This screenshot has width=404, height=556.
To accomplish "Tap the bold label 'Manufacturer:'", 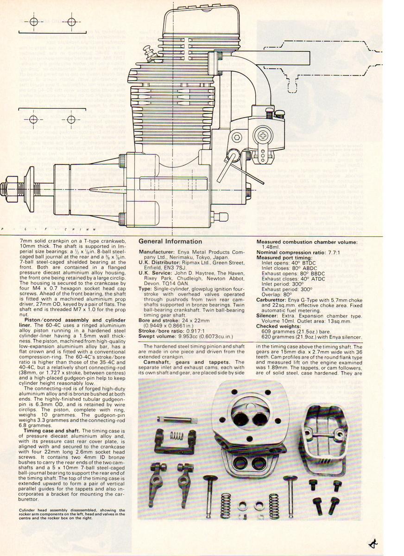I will [158, 251].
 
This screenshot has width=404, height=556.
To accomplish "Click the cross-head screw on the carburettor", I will [263, 135].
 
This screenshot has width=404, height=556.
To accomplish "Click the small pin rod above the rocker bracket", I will [177, 420].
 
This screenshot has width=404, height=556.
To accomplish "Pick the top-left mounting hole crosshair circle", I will [33, 22].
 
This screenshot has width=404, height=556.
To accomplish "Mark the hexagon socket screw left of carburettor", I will [237, 137].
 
